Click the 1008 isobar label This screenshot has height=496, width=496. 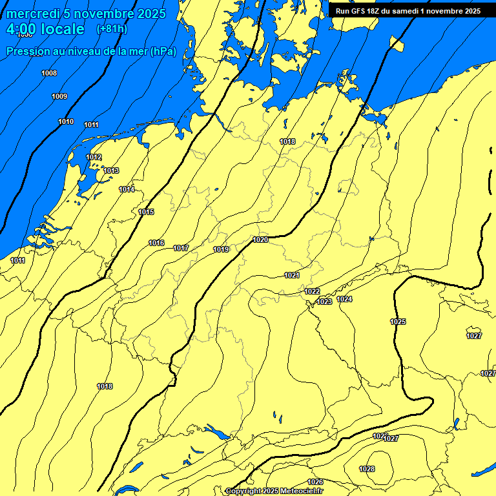tap(49, 73)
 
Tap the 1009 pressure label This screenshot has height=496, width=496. tap(59, 96)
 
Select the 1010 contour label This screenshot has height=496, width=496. tap(66, 121)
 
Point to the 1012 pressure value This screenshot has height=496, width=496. tap(94, 157)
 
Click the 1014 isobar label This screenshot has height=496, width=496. tap(127, 189)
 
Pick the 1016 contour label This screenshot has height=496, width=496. tap(156, 243)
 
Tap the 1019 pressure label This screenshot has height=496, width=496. tap(221, 249)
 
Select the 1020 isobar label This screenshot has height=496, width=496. tap(260, 240)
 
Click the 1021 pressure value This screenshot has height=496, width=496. tap(292, 275)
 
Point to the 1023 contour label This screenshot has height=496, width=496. tap(324, 302)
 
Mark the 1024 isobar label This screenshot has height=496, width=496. tap(345, 299)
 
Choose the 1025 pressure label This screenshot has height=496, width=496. tap(398, 322)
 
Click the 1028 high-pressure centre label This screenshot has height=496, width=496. tap(367, 469)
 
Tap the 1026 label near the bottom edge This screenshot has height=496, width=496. tap(315, 482)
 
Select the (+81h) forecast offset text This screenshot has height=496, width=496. tap(112, 29)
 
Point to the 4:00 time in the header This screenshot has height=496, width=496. tap(21, 29)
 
